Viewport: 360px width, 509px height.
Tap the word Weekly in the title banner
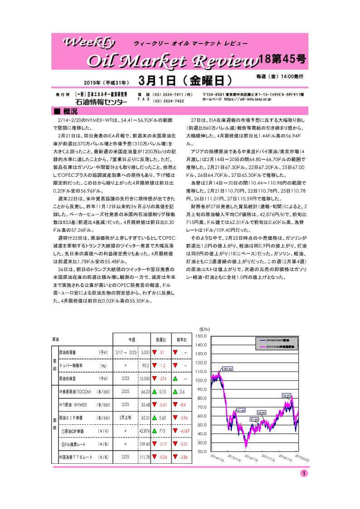point(91,43)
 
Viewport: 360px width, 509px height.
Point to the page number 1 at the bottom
point(303,473)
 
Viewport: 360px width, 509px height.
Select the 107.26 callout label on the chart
point(228,369)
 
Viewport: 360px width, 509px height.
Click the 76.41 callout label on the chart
point(287,395)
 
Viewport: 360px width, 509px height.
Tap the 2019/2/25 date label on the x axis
point(301,459)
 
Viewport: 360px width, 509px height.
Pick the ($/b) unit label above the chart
point(204,329)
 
